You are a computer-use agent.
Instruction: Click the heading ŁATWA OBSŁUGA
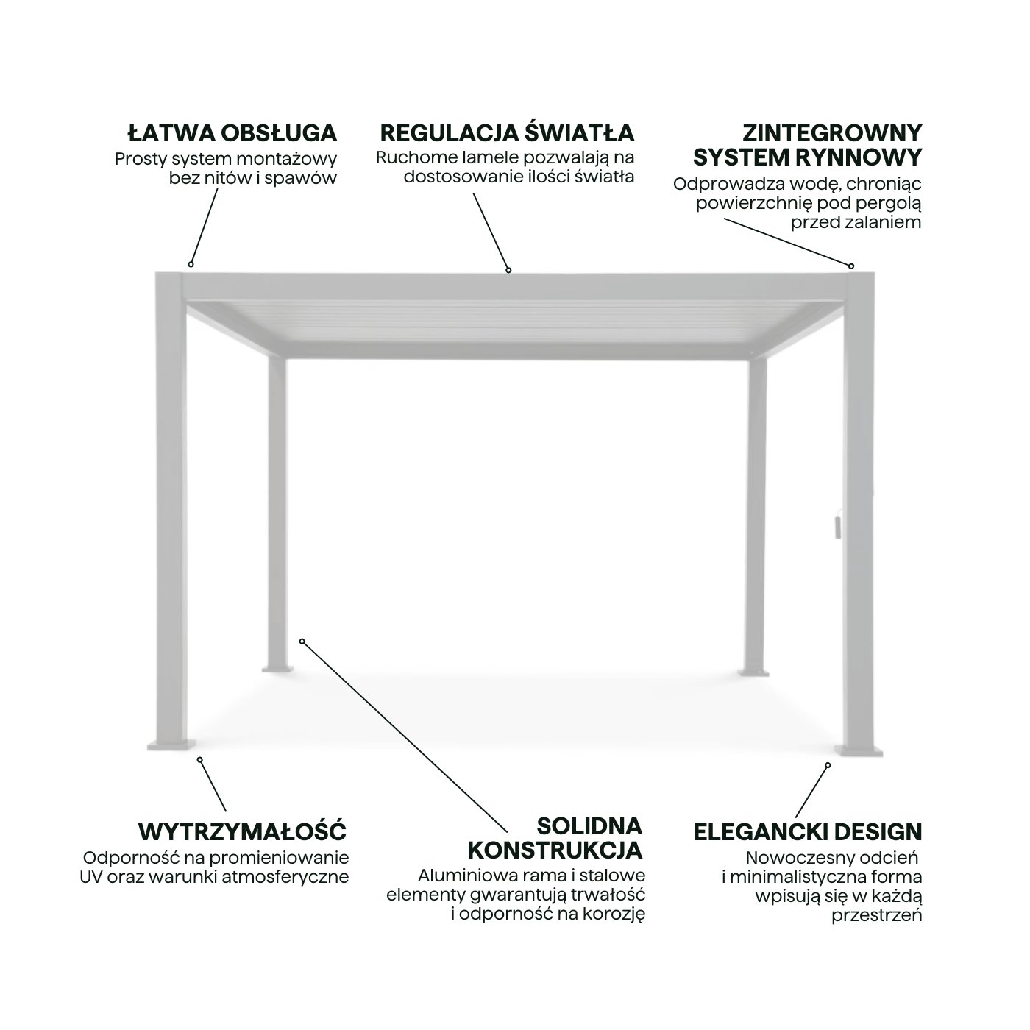(x=232, y=133)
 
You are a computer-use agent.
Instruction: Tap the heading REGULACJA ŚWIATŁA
(x=507, y=133)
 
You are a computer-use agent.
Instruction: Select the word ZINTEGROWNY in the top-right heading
(x=831, y=133)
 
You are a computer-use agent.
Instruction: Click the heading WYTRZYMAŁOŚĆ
(x=242, y=832)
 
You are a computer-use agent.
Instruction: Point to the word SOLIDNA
(x=589, y=825)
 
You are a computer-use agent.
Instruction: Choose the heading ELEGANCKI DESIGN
(x=807, y=832)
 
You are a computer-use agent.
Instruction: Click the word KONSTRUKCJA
(x=555, y=850)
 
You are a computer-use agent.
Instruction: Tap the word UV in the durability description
(x=91, y=877)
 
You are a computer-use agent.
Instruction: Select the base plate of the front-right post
(x=859, y=750)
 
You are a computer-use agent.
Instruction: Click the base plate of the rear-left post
(x=277, y=670)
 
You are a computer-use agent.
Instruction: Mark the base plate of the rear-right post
(x=754, y=671)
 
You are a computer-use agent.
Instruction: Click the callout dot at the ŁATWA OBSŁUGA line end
(x=191, y=264)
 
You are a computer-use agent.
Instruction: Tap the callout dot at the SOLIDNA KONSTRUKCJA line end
(x=302, y=642)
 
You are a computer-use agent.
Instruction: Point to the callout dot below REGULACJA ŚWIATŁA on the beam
(x=508, y=270)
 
